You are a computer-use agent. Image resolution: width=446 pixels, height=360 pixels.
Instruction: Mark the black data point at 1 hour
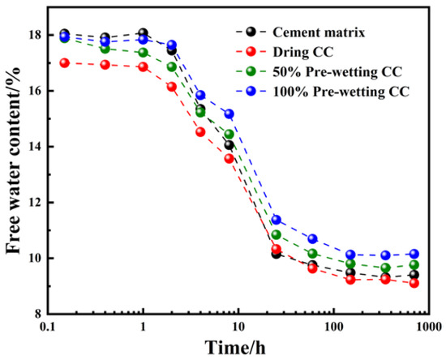click(x=144, y=33)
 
